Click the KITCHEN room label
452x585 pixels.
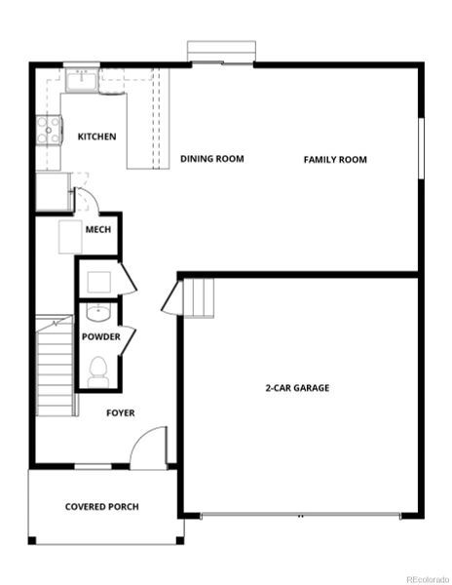[96, 136]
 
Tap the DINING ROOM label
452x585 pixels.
[211, 159]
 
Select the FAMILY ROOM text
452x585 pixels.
[335, 159]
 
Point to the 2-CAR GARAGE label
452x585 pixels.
[297, 388]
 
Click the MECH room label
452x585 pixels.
[96, 229]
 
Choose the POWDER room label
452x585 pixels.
[100, 337]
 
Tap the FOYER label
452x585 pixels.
[120, 412]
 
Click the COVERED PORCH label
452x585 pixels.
[101, 507]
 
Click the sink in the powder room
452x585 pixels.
[96, 313]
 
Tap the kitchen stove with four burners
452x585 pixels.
[46, 131]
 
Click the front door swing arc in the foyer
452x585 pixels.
[148, 448]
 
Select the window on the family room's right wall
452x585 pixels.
[421, 148]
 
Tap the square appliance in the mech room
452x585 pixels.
[70, 237]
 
